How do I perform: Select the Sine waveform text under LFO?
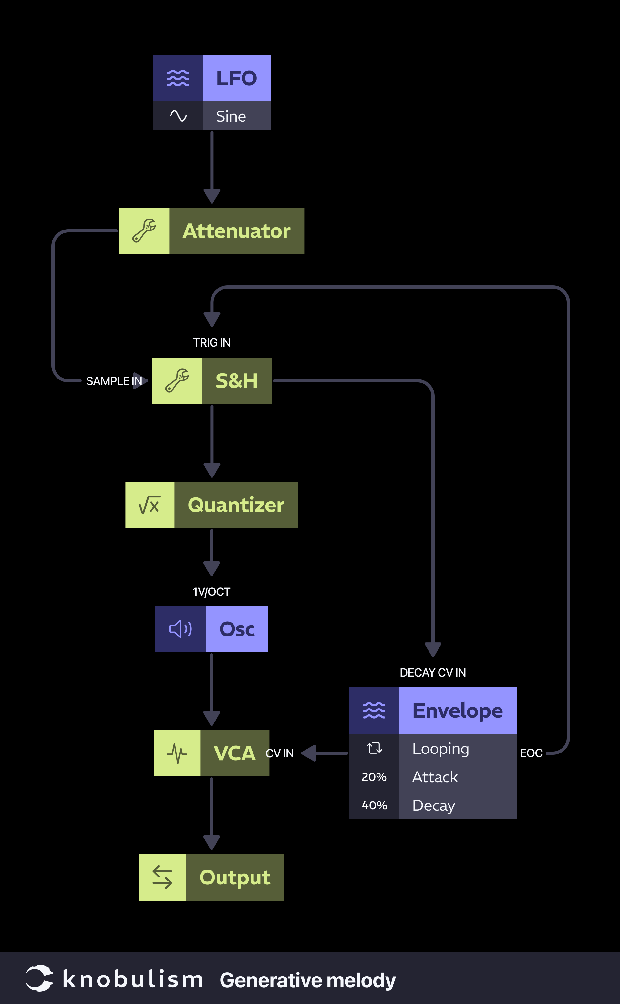[x=231, y=117]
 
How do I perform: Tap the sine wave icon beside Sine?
[x=178, y=116]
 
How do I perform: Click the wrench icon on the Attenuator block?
[x=144, y=231]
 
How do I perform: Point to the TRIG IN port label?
[x=212, y=342]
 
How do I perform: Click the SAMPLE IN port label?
[x=114, y=381]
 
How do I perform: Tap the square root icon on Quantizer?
[x=149, y=505]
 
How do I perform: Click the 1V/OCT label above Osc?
[x=212, y=592]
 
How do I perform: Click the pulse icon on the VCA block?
[x=177, y=753]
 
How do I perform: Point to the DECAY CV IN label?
[x=433, y=672]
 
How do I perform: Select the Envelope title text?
[x=457, y=710]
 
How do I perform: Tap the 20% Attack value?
[x=374, y=777]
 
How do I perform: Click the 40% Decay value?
[x=374, y=805]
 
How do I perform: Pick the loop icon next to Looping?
[x=374, y=748]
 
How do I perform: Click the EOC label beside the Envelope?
[x=531, y=753]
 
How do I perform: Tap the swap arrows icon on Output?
[x=162, y=877]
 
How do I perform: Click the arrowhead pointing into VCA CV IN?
[x=309, y=753]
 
